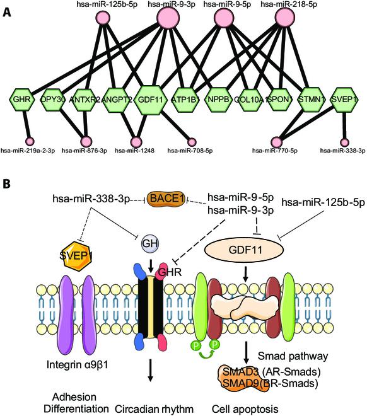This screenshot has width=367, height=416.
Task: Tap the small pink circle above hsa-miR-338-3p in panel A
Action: [344, 142]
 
